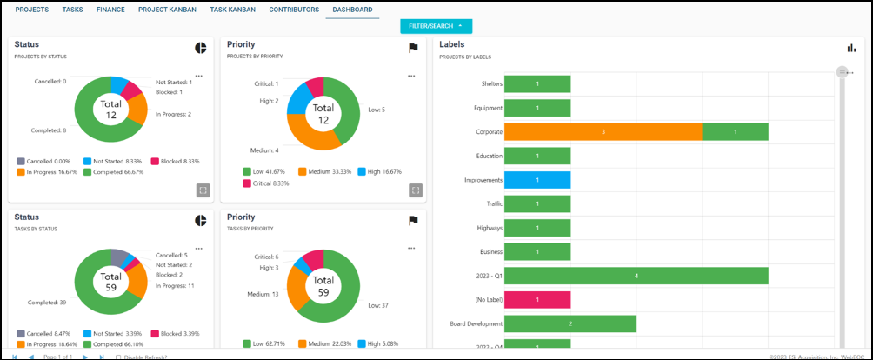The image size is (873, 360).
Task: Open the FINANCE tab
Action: pos(110,10)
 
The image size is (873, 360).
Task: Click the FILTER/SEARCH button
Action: pos(436,26)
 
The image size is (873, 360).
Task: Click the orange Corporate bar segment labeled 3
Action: pos(603,132)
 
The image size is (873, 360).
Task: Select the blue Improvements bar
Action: pos(537,180)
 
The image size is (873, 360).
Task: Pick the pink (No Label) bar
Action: pos(537,300)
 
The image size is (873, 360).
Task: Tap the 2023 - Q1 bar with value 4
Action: pos(636,276)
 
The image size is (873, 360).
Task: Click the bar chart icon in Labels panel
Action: pos(852,49)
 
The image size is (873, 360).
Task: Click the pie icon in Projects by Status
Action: pos(200,48)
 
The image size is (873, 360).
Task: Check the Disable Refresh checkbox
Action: pos(119,357)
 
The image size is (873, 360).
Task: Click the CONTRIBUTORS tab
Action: pos(293,10)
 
